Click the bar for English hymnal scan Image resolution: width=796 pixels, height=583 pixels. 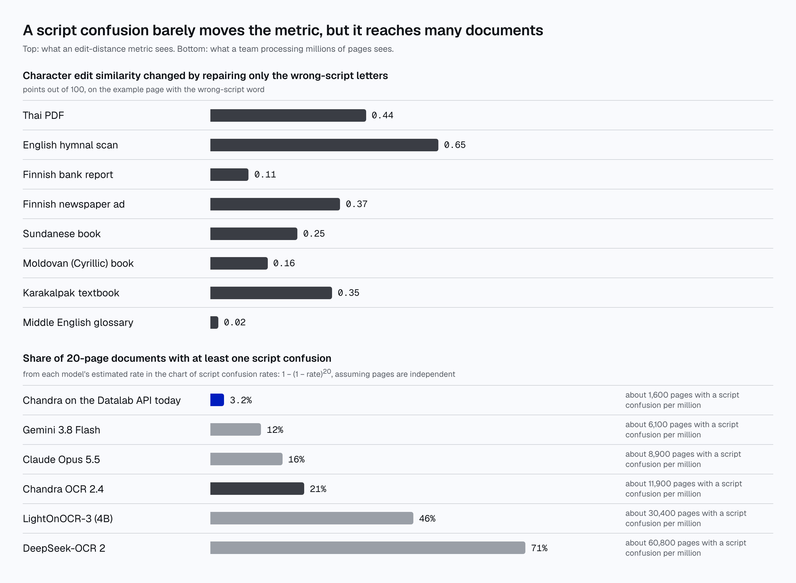click(x=324, y=145)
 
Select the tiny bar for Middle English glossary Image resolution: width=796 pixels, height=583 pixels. click(x=214, y=322)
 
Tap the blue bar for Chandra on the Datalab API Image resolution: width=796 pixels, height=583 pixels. click(x=217, y=400)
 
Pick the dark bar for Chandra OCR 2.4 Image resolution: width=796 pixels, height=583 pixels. click(x=257, y=489)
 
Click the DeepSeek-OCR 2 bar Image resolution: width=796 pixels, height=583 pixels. click(x=368, y=548)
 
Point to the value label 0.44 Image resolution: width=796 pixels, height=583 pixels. click(x=382, y=115)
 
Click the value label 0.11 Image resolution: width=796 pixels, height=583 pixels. click(x=265, y=175)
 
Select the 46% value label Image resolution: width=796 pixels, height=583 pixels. click(x=427, y=518)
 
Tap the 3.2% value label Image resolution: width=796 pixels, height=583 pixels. click(x=241, y=400)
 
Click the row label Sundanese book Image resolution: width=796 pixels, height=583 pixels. click(x=62, y=233)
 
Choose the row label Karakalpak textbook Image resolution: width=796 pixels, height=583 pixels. click(x=71, y=293)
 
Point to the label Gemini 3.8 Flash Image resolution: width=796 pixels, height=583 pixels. click(x=61, y=430)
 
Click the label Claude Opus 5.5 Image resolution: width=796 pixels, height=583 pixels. click(x=61, y=460)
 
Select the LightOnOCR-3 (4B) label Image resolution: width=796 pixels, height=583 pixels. click(x=68, y=518)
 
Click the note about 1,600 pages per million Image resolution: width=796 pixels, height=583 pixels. click(x=682, y=400)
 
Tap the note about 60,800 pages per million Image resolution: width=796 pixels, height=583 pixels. click(x=686, y=548)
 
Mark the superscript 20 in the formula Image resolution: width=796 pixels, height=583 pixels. click(x=327, y=371)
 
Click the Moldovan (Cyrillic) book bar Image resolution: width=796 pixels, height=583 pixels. click(x=239, y=263)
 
